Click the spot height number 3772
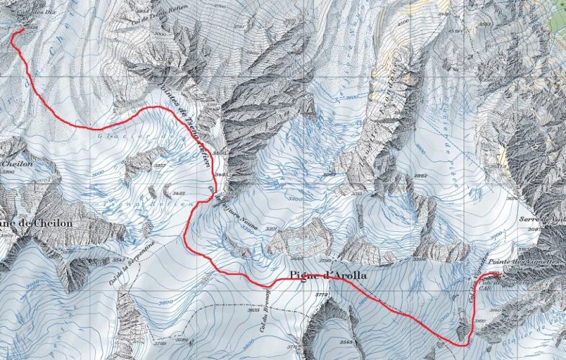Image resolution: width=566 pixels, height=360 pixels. (321, 294)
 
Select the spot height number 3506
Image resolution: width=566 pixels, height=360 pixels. (419, 259)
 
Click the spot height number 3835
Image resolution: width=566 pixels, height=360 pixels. (253, 310)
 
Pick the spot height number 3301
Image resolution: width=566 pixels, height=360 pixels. (271, 228)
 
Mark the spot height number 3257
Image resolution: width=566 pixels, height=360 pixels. (160, 166)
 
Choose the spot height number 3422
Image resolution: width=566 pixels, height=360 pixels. (177, 194)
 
